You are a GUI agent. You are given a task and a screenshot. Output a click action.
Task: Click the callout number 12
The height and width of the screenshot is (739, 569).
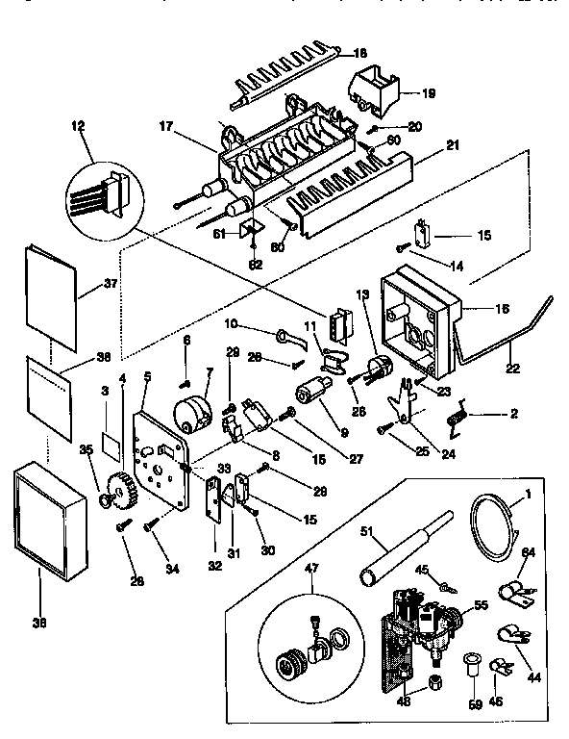[x=77, y=126]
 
